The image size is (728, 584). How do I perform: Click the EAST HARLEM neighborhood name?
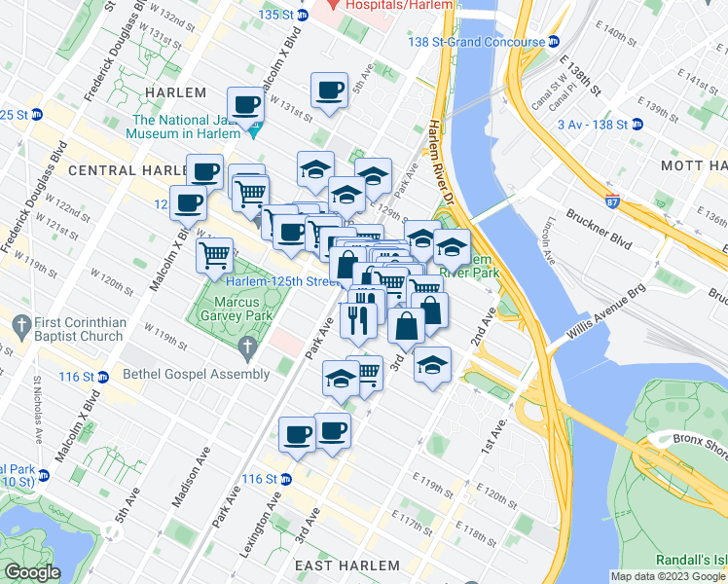pyautogui.click(x=348, y=566)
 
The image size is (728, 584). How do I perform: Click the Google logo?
pyautogui.click(x=32, y=572)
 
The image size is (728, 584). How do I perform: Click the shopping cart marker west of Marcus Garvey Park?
pyautogui.click(x=214, y=257)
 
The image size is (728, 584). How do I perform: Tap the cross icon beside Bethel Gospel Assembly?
pyautogui.click(x=247, y=347)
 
